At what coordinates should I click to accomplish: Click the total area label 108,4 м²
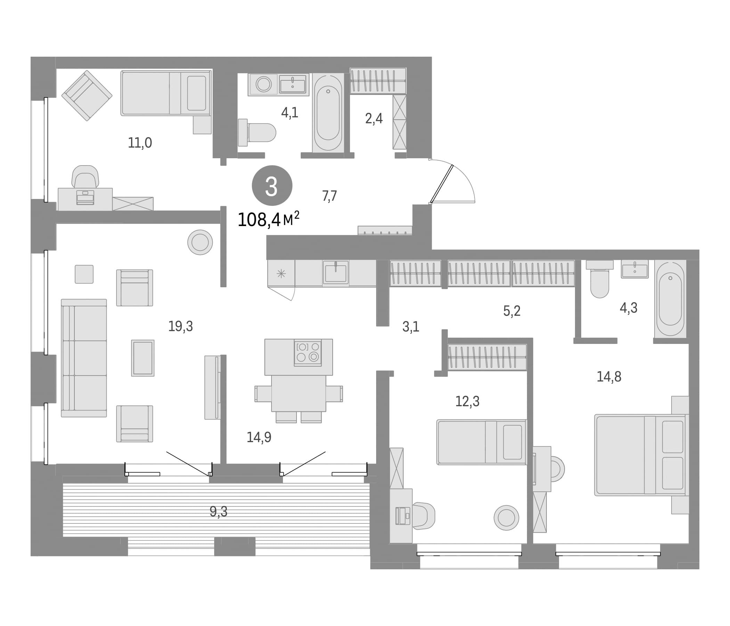coord(268,219)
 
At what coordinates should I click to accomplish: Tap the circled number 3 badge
coord(272,186)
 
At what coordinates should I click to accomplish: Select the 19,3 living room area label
coord(180,327)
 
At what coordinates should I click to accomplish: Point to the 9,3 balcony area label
coord(218,512)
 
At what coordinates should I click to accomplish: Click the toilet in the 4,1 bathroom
coord(257,133)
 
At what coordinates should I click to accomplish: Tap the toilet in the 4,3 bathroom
coord(600,279)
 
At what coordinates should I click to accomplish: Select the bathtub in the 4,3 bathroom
coord(670,299)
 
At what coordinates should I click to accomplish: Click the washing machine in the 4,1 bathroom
coord(263,84)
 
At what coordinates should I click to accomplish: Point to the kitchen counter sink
coord(336,272)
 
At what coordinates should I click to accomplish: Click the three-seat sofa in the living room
coord(84,358)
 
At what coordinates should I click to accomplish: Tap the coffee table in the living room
coord(143,358)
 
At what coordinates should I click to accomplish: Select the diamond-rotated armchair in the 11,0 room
coord(87,96)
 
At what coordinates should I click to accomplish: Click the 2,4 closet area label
coord(374,119)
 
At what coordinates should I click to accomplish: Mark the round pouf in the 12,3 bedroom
coord(506,518)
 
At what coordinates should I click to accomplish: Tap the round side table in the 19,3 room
coord(200,242)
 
